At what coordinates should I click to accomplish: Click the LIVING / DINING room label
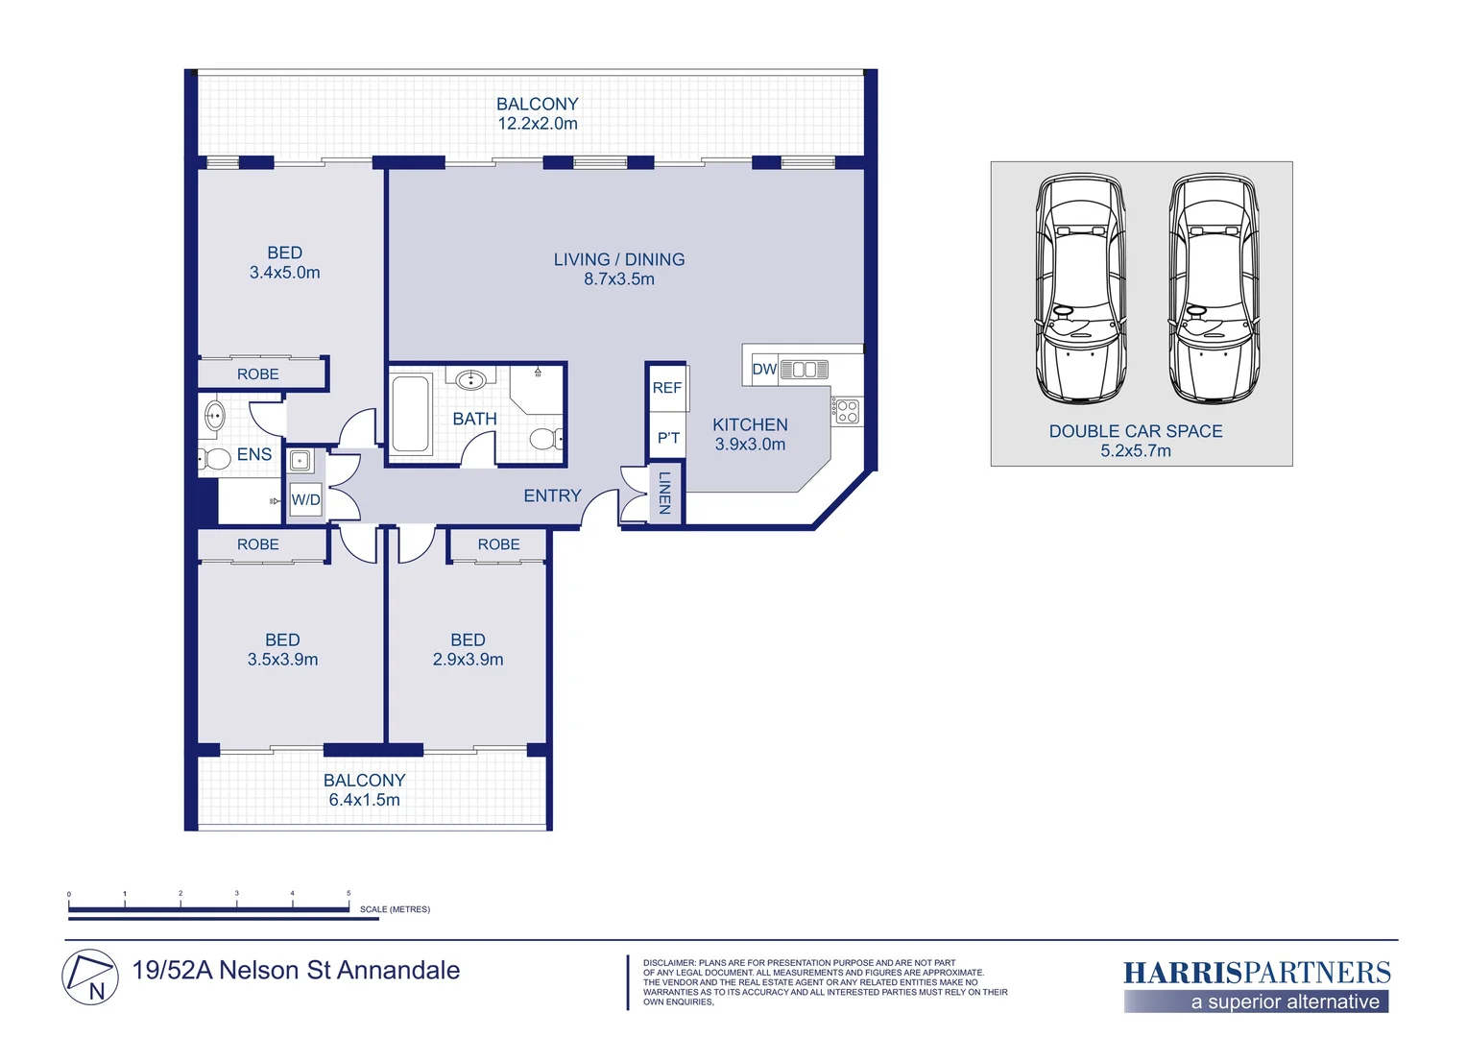pyautogui.click(x=619, y=259)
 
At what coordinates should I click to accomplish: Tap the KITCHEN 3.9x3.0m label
pyautogui.click(x=750, y=434)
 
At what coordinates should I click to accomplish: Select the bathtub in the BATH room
pyautogui.click(x=411, y=413)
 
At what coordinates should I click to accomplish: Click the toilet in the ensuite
pyautogui.click(x=215, y=459)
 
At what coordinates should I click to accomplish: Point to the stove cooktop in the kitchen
pyautogui.click(x=848, y=411)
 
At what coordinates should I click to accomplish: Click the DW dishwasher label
pyautogui.click(x=764, y=369)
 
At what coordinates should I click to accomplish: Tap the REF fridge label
pyautogui.click(x=666, y=388)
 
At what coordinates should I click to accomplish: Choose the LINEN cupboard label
pyautogui.click(x=664, y=493)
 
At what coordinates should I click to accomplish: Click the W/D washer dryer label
pyautogui.click(x=306, y=500)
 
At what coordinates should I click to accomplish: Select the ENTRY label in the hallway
pyautogui.click(x=552, y=495)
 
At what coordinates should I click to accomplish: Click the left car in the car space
pyautogui.click(x=1081, y=288)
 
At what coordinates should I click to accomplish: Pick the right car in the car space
pyautogui.click(x=1214, y=288)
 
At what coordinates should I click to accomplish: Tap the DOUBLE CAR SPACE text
pyautogui.click(x=1136, y=431)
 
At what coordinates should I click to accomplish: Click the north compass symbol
pyautogui.click(x=90, y=977)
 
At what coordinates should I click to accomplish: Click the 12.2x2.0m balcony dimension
pyautogui.click(x=538, y=124)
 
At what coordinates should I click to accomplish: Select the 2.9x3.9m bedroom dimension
pyautogui.click(x=468, y=659)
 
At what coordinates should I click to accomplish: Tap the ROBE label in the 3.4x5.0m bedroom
pyautogui.click(x=258, y=374)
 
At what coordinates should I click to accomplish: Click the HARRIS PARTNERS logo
pyautogui.click(x=1257, y=986)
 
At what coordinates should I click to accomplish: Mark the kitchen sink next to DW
pyautogui.click(x=805, y=370)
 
